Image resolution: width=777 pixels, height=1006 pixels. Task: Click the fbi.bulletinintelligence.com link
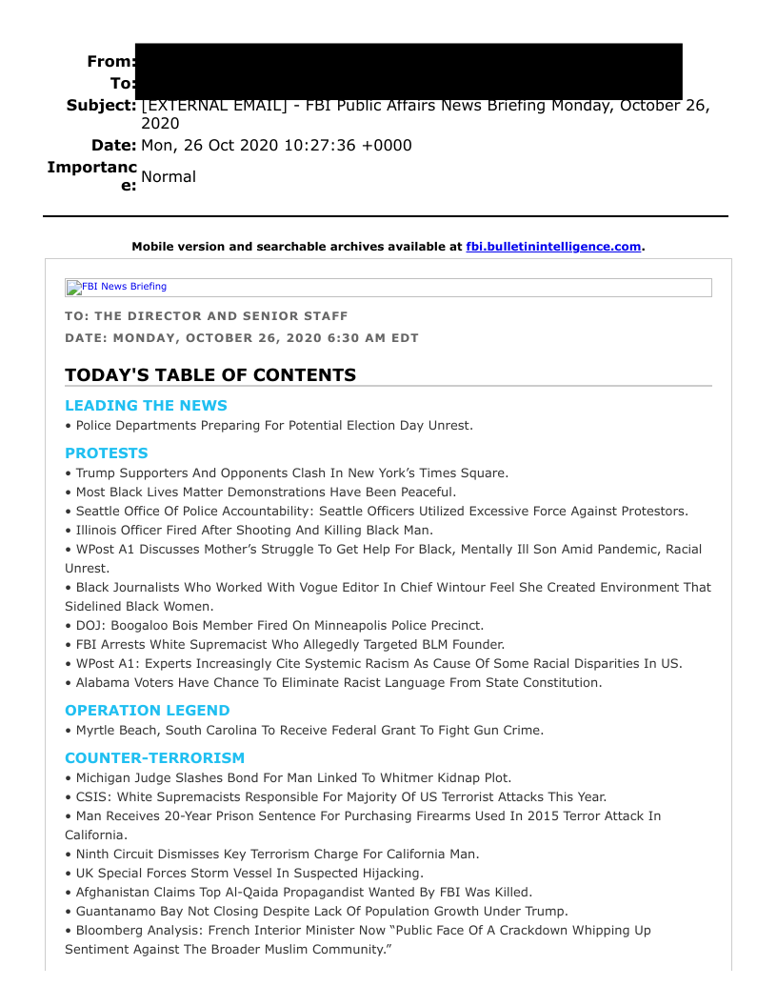pyautogui.click(x=553, y=247)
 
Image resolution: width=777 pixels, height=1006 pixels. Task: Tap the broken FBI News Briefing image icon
pyautogui.click(x=72, y=288)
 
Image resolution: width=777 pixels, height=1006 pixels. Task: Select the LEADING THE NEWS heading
pyautogui.click(x=146, y=406)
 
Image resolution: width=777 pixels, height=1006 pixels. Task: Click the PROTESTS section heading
pyautogui.click(x=107, y=453)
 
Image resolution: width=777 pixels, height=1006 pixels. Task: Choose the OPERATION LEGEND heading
pyautogui.click(x=148, y=711)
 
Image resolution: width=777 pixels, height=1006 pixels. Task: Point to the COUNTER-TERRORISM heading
pyautogui.click(x=154, y=758)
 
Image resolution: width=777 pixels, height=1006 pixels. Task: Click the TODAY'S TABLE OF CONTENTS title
pyautogui.click(x=210, y=375)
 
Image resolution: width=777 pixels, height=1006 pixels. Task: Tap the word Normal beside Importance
pyautogui.click(x=169, y=176)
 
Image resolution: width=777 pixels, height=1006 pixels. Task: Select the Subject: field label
pyautogui.click(x=101, y=105)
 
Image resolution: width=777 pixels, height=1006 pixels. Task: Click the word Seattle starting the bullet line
pyautogui.click(x=100, y=512)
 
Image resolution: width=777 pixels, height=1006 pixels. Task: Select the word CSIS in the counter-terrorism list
pyautogui.click(x=93, y=797)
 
